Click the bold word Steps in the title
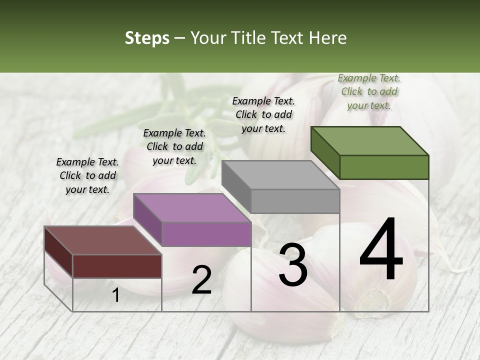point(147,38)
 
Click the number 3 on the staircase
point(293,265)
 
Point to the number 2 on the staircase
point(201,280)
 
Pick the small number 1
point(115,295)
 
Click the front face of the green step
point(384,167)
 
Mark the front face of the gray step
point(295,201)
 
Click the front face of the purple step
point(206,234)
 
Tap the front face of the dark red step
point(117,266)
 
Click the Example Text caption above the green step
point(369,91)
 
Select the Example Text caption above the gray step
point(263,114)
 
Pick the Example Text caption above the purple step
point(174,146)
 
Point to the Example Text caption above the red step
point(87,175)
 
